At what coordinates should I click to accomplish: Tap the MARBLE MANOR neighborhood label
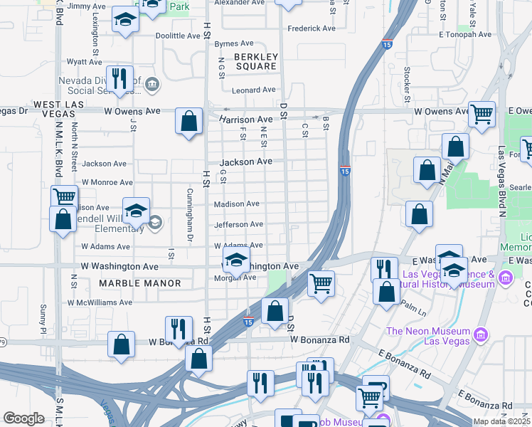point(141,283)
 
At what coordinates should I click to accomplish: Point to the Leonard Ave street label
point(255,90)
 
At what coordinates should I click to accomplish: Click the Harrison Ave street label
point(245,120)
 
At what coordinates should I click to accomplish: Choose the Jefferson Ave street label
point(239,225)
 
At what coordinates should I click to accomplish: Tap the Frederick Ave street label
point(310,29)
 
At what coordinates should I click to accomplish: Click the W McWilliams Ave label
point(100,302)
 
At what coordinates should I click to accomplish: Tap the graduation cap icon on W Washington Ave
point(237,260)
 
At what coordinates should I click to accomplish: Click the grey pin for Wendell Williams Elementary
point(154,223)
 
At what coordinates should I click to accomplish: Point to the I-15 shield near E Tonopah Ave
point(388,43)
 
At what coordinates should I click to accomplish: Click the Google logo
point(23,418)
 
